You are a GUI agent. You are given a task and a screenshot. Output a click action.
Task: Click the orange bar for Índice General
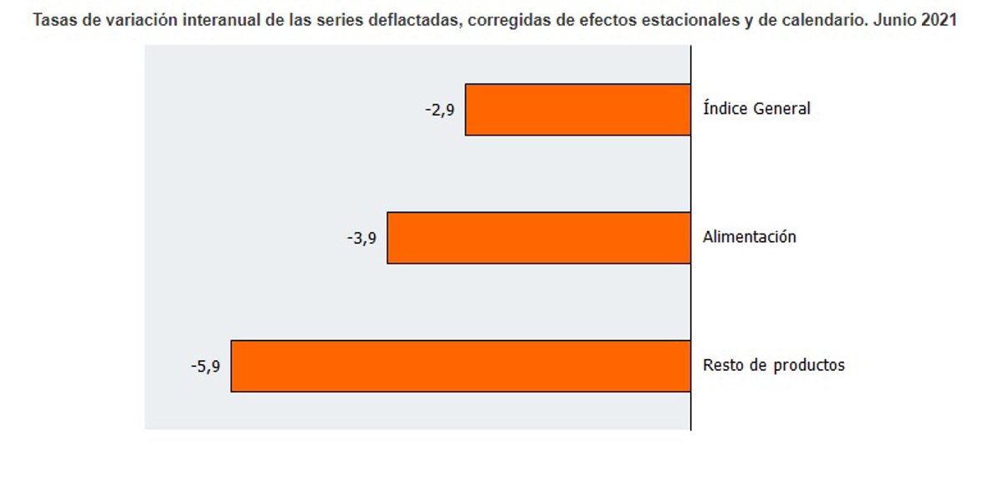point(577,110)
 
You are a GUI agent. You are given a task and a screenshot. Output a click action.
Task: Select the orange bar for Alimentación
point(539,238)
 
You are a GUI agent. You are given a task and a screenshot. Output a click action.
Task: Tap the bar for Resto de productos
point(460,366)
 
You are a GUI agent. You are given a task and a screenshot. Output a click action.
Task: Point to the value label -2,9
point(439,109)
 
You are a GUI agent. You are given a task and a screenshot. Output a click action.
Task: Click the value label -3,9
point(361,238)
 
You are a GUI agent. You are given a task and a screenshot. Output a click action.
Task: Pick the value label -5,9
point(205,366)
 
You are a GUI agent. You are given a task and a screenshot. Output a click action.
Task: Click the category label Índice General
point(756,109)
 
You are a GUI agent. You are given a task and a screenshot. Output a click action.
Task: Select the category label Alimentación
point(749,237)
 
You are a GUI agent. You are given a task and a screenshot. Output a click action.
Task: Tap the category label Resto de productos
point(773,366)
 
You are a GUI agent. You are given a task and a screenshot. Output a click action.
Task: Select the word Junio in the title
point(894,21)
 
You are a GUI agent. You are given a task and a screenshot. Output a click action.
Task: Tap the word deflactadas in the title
point(414,21)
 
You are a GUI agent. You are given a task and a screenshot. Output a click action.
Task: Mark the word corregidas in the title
point(507,21)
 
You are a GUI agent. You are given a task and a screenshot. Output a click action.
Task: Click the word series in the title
point(341,21)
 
